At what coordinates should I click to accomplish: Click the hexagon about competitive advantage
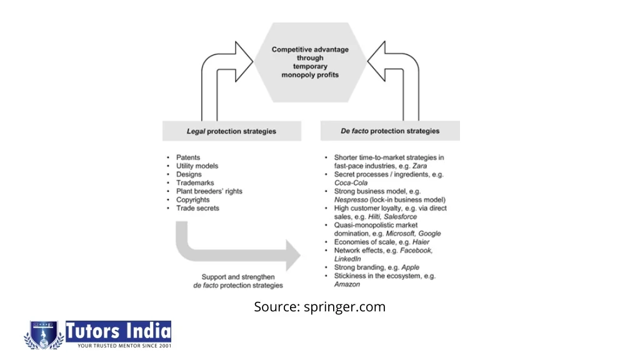[x=310, y=62]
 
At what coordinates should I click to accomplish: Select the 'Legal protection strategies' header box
[x=231, y=131]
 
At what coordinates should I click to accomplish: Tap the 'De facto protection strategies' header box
[x=390, y=131]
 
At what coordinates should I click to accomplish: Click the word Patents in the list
[x=188, y=157]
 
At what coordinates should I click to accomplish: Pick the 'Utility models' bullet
[x=197, y=166]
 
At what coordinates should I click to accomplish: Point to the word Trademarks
[x=195, y=183]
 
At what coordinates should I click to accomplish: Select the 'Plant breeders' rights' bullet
[x=209, y=191]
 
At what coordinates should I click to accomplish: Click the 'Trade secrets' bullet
[x=197, y=208]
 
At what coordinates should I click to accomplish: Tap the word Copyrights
[x=192, y=200]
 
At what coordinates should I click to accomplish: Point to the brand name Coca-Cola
[x=351, y=183]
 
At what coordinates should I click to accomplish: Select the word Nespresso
[x=351, y=200]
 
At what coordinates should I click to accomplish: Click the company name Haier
[x=421, y=242]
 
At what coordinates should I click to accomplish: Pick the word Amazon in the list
[x=347, y=284]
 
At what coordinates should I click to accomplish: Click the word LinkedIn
[x=347, y=259]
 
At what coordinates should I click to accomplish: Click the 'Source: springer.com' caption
[x=319, y=307]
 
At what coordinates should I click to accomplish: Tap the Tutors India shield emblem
[x=44, y=335]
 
